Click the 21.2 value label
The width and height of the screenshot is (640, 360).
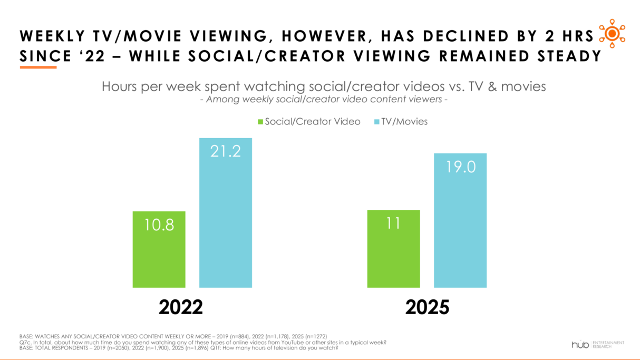[x=226, y=151]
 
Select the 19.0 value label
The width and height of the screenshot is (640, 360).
[x=460, y=167]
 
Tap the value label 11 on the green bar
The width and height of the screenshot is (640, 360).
[x=393, y=223]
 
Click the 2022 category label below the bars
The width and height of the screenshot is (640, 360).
[x=181, y=307]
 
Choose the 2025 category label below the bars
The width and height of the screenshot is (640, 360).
[x=427, y=307]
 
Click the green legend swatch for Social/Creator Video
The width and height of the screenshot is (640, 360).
[x=260, y=122]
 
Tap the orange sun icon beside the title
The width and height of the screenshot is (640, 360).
[x=612, y=33]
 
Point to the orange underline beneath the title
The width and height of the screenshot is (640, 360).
[x=38, y=67]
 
